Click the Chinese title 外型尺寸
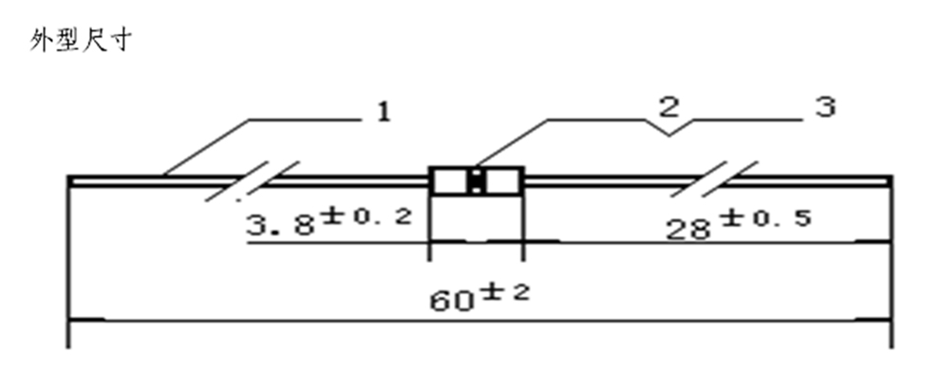pos(85,42)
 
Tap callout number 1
pos(383,112)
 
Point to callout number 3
pos(825,107)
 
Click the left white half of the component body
pos(450,181)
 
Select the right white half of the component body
pos(503,181)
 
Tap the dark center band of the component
pos(477,181)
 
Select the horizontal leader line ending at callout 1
pos(304,120)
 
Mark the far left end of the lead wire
pos(69,177)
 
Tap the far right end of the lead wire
pos(889,177)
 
